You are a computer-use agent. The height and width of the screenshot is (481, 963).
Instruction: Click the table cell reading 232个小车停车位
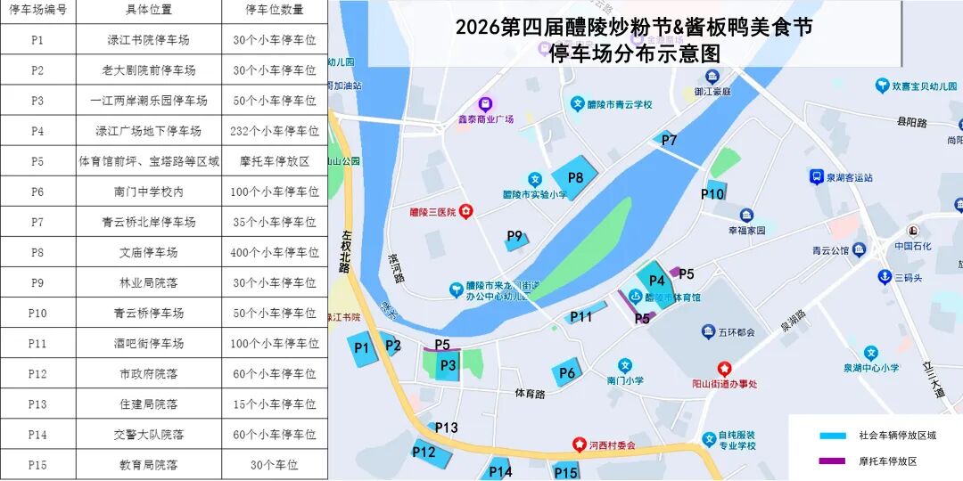click(275, 131)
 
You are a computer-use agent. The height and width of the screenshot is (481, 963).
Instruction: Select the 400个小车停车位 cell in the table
click(275, 252)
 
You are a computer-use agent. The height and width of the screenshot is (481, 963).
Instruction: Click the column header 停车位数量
click(275, 11)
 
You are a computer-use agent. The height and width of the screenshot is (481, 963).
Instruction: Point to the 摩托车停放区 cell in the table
click(275, 161)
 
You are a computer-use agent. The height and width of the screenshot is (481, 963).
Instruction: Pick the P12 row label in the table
click(37, 374)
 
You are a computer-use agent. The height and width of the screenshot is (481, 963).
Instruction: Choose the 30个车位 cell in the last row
click(275, 465)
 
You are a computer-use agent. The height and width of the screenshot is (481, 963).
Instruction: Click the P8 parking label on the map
click(575, 177)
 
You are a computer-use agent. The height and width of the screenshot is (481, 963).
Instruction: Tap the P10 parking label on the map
click(712, 193)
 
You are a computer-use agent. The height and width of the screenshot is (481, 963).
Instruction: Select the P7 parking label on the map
click(669, 140)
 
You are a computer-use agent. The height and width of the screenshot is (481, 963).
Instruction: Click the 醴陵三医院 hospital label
click(432, 212)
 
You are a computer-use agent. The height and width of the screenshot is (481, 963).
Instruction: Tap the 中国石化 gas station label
click(912, 246)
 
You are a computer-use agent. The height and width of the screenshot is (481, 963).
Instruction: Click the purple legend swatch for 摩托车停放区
click(832, 461)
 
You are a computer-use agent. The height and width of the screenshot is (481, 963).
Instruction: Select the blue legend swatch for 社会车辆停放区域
click(832, 436)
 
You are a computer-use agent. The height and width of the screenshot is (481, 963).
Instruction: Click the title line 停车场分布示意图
click(634, 53)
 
